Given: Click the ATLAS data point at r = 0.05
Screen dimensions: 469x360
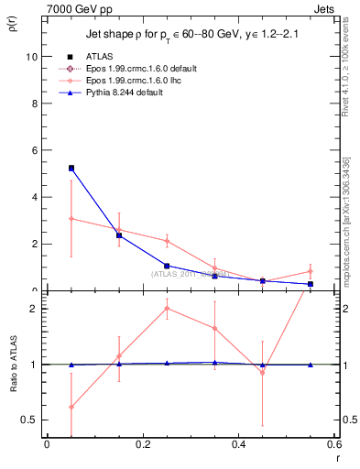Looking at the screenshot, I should coord(71,169).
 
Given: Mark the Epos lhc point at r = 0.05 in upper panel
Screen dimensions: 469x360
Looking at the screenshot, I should coord(71,218).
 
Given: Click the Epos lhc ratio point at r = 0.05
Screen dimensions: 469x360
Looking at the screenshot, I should coord(71,407).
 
